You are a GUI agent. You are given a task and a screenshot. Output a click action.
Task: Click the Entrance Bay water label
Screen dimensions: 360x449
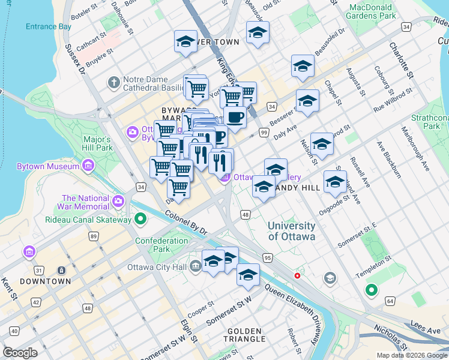click(48, 26)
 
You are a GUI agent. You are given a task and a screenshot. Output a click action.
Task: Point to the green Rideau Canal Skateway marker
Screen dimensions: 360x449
click(140, 220)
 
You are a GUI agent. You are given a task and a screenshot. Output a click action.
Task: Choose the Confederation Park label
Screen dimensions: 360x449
click(161, 245)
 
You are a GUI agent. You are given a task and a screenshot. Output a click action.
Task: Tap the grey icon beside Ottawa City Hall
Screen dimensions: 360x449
click(196, 266)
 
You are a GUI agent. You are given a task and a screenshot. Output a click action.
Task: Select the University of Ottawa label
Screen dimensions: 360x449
click(291, 231)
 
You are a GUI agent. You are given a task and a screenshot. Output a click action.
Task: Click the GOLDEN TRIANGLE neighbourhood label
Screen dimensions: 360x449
click(244, 335)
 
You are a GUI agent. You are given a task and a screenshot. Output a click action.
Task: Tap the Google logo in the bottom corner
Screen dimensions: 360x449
click(20, 352)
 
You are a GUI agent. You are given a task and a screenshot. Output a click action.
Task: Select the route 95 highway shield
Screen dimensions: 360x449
click(268, 257)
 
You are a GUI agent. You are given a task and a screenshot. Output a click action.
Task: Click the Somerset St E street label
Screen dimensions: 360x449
click(357, 234)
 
